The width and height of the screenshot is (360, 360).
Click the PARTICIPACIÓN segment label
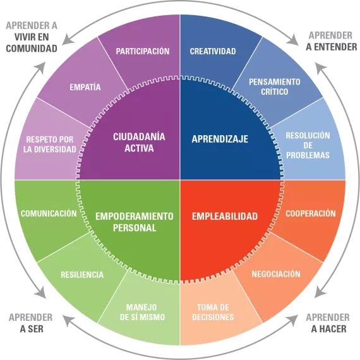coord(143,51)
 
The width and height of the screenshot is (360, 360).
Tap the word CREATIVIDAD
coord(213,51)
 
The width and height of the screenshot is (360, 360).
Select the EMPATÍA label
coord(85,87)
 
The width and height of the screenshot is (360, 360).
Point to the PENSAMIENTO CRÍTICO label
coord(275,87)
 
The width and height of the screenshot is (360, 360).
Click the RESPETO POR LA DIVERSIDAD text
coord(50,145)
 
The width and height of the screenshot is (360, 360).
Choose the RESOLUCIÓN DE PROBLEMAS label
coord(308,145)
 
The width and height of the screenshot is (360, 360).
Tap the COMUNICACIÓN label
coord(49,213)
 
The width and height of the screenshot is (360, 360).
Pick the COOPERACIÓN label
coord(311,213)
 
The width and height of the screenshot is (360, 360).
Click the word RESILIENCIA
coord(82,275)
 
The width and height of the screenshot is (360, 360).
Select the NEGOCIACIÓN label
coord(276,274)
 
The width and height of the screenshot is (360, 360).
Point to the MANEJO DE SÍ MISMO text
coord(142,312)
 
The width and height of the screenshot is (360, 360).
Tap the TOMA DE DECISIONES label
coord(213,312)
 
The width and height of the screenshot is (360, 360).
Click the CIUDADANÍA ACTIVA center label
coord(139,142)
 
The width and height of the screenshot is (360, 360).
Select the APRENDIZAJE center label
coord(220,139)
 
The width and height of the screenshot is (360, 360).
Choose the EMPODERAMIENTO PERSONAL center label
coord(135,222)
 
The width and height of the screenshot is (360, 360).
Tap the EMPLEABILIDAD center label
coord(225,216)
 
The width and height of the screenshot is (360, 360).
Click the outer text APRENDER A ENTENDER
coord(332,41)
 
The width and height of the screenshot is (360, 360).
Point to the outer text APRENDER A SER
coord(31,323)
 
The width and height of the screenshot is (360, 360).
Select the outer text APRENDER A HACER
coord(328,323)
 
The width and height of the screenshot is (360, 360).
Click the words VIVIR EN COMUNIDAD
coord(32,43)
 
